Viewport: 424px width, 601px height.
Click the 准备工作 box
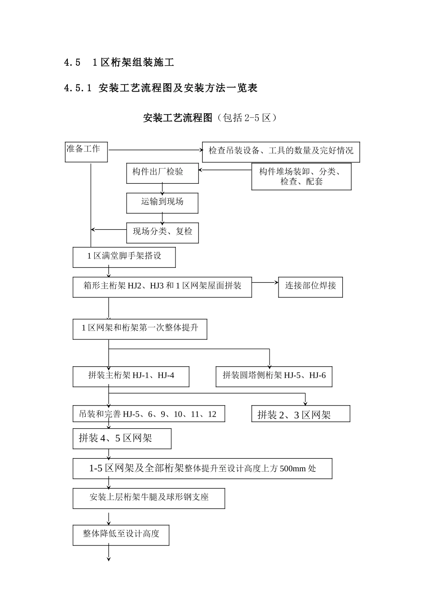coord(86,152)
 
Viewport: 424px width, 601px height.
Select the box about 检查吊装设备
coord(281,152)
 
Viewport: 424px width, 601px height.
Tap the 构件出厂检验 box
coord(162,173)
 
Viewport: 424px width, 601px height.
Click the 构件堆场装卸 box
coord(301,177)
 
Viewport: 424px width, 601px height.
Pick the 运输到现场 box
coord(162,203)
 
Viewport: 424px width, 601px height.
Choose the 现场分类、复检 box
coord(162,233)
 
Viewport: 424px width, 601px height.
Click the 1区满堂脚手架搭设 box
coord(124,258)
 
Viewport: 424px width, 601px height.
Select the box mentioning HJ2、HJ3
coord(162,287)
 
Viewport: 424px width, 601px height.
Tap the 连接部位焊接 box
coord(311,287)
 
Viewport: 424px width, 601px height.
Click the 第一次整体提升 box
coord(140,329)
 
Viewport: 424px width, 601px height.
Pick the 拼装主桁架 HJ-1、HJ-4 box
coord(131,377)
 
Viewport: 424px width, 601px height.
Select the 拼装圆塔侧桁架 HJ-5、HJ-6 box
coord(274,377)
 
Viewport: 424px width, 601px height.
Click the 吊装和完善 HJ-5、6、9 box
coord(149,414)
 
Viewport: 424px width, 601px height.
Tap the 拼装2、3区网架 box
coord(300,414)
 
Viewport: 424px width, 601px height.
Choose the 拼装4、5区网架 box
coord(122,439)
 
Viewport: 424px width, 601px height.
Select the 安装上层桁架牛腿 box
coord(149,498)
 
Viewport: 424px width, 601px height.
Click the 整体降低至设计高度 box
coord(121,535)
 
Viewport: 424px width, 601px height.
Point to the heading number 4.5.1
coord(78,88)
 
